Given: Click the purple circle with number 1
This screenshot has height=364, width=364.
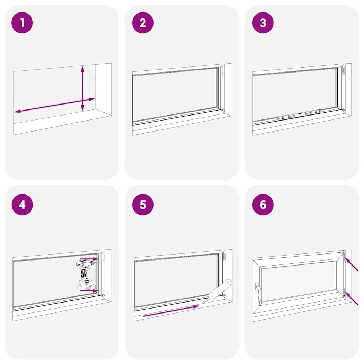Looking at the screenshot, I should click(22, 23).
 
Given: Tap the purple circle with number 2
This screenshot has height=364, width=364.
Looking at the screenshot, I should click(143, 23).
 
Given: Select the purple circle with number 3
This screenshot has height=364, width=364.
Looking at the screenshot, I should click(263, 23).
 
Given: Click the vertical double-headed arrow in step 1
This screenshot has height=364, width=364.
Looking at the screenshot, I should click(82, 88).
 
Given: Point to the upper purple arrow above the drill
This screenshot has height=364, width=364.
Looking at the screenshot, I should click(89, 259).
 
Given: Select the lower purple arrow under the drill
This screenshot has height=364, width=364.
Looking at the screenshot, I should click(89, 291).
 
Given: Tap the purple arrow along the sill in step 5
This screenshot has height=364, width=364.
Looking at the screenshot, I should click(171, 311).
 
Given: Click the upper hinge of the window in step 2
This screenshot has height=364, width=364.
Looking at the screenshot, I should click(223, 70).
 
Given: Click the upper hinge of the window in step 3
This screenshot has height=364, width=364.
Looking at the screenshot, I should click(343, 70).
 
